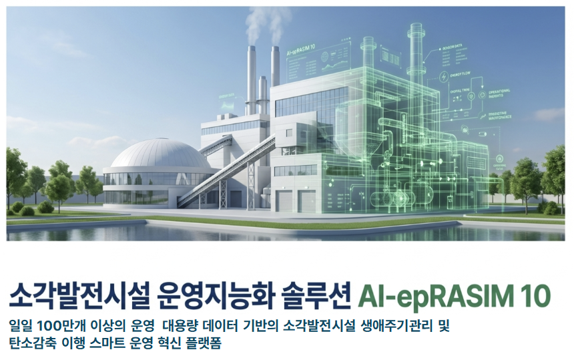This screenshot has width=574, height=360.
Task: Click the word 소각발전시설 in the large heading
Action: tap(75, 295)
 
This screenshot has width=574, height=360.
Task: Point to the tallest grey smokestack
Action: tap(252, 73)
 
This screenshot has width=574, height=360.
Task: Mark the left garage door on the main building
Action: tap(283, 201)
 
